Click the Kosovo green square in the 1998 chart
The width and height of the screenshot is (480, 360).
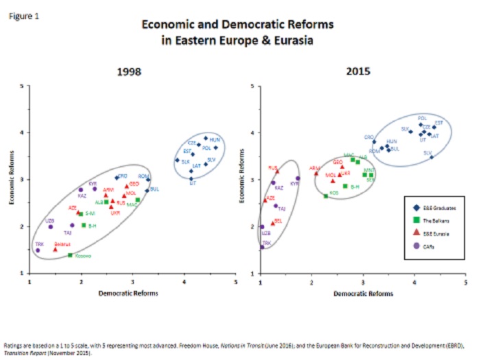(70, 255)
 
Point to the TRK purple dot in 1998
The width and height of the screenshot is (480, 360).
(38, 250)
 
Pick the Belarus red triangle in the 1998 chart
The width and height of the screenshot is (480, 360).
(56, 249)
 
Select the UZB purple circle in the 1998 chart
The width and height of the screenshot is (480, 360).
(50, 226)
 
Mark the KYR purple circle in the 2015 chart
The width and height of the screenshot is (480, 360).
(298, 178)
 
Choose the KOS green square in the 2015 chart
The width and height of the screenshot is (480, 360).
(326, 196)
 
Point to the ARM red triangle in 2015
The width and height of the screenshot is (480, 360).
(316, 173)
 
